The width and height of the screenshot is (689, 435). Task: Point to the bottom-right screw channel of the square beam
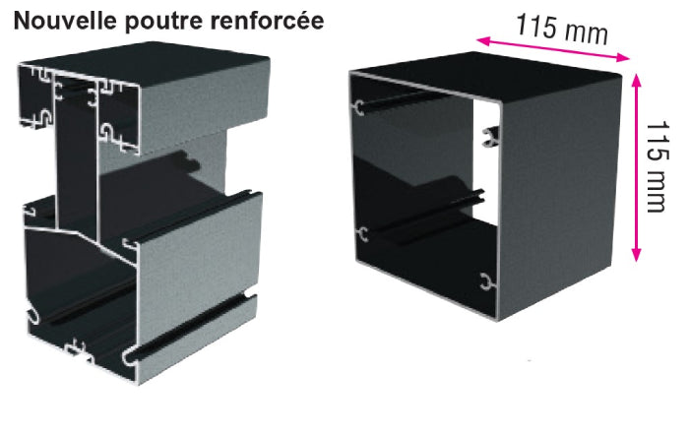pos(486,281)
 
